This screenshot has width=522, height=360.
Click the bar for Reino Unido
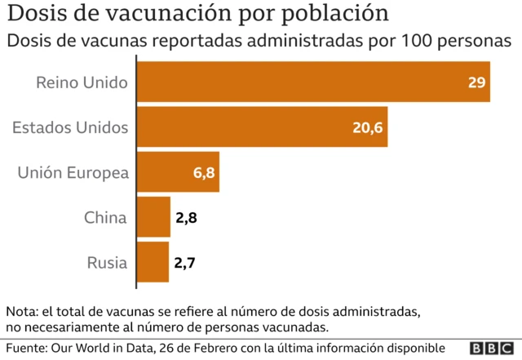point(312,82)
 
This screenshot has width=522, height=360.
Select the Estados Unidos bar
point(261,127)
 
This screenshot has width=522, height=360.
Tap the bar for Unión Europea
point(177,172)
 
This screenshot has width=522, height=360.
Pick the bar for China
point(153,217)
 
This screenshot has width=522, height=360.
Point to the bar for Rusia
point(152,262)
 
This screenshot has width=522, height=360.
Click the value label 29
point(477,82)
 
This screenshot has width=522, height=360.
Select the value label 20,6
point(368,128)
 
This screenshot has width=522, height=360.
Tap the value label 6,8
point(203,173)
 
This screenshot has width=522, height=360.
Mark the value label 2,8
point(186,218)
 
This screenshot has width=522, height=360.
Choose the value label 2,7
point(185,263)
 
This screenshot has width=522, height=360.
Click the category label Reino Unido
point(82,82)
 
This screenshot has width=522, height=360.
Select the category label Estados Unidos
point(71,127)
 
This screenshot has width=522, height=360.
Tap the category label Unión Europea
point(73,172)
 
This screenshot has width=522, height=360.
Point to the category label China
point(105,217)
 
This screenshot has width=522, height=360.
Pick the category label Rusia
point(107,262)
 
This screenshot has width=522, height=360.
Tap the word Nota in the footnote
point(22,312)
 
